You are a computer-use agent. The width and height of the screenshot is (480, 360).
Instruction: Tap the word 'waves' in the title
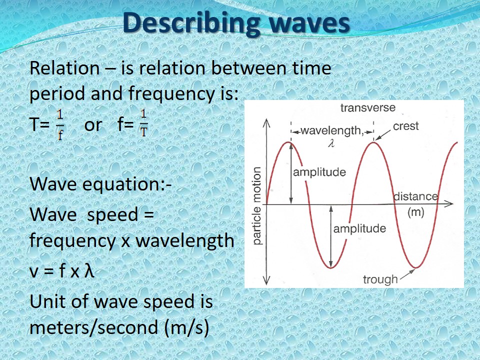(x=306, y=23)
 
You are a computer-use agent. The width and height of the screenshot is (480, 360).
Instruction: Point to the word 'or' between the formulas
(x=92, y=125)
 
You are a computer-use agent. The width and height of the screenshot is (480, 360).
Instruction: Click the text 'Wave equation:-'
(x=100, y=183)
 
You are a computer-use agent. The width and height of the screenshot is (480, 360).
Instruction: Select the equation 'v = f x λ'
(x=62, y=271)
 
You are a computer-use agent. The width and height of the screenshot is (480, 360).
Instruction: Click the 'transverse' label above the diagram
(x=367, y=108)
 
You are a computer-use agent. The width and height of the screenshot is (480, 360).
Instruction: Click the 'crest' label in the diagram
(x=405, y=126)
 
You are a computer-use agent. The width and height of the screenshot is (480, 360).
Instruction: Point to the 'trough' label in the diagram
(x=380, y=279)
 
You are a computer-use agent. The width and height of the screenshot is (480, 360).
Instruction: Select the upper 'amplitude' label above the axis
(x=319, y=172)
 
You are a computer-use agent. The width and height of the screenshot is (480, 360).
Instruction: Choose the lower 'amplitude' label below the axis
(x=359, y=229)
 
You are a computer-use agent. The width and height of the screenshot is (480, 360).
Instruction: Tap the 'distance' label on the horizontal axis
(x=415, y=196)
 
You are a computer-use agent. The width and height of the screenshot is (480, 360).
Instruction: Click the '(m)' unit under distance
(x=415, y=212)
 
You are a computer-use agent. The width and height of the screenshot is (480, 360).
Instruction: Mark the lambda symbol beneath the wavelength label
(x=331, y=142)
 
